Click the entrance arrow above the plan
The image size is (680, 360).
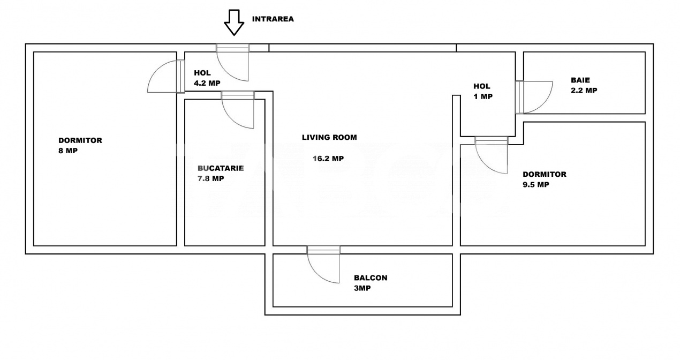click(233, 22)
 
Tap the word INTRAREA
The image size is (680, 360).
click(273, 19)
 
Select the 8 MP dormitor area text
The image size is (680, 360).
click(68, 151)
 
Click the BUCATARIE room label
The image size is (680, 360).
click(221, 168)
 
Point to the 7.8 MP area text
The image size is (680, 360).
click(210, 179)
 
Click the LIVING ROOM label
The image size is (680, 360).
click(329, 137)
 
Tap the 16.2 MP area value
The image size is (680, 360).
click(328, 159)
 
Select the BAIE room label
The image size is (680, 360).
click(580, 80)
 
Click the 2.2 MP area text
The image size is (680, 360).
click(584, 91)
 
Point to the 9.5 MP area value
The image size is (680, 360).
click(536, 185)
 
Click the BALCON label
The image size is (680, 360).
click(371, 278)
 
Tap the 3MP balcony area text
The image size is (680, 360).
click(362, 288)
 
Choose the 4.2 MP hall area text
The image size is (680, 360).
click(207, 83)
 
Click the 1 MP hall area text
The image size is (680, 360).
click(483, 97)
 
